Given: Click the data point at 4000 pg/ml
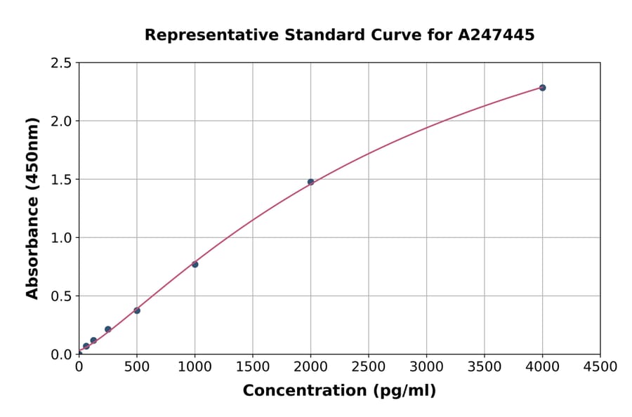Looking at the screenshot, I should [542, 88].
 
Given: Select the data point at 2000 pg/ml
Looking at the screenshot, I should [310, 182].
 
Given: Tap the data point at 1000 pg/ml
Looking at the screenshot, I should [195, 264].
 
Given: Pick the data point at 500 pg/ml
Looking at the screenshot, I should [137, 310].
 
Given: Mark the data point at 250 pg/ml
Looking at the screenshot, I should [108, 329].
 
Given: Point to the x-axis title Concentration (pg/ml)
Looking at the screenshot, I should [339, 391].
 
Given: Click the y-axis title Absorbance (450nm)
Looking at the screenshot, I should [32, 208].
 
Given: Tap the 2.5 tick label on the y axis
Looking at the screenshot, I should [62, 63].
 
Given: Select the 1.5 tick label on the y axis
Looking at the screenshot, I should [62, 180].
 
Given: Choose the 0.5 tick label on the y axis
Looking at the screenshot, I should [62, 296].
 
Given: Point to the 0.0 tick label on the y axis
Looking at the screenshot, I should [62, 355].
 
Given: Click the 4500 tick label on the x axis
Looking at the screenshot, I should [600, 367].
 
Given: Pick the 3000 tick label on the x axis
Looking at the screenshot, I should [426, 367].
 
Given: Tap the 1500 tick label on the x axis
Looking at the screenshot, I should [253, 367].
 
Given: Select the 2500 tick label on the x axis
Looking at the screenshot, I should [369, 367].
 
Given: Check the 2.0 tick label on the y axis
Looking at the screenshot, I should [62, 121].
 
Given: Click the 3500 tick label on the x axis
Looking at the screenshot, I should [485, 367].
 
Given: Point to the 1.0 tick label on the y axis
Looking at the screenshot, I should [62, 238].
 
